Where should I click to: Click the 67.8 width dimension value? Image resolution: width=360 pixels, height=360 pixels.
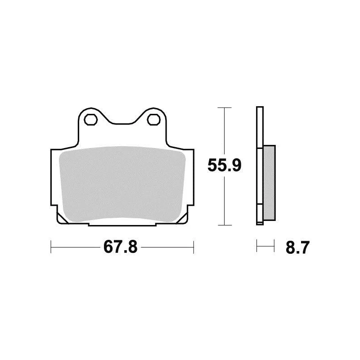pos(120,247)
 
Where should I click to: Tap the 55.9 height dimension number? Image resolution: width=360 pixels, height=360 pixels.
pos(224,166)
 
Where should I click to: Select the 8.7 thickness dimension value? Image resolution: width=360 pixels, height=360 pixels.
pos(297,247)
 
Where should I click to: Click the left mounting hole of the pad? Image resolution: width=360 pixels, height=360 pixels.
pos(91,119)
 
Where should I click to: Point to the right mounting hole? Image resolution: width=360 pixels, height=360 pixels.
pos(153,119)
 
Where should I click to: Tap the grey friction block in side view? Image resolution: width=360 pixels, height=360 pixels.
pos(269,183)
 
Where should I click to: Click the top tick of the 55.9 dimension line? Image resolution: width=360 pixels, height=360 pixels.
pos(224,108)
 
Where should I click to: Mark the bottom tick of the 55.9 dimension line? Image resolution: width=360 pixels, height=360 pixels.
pos(224,225)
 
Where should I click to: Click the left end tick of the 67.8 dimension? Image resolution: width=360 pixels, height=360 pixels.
pos(51,247)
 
